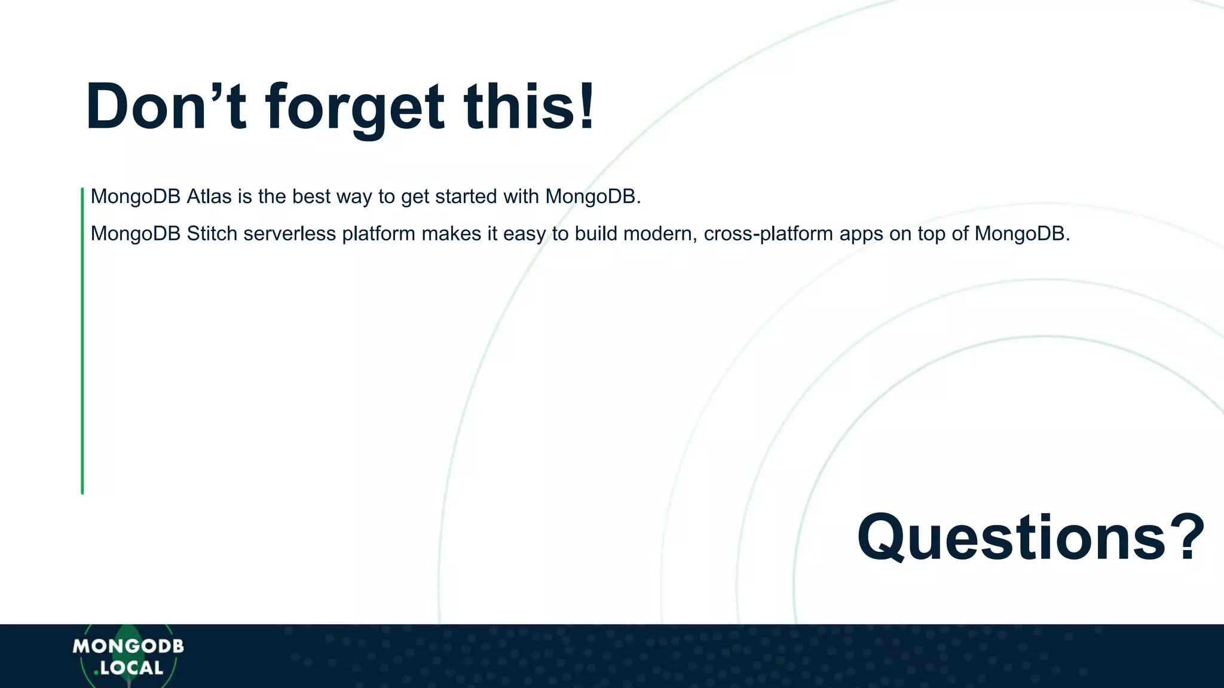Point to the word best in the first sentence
(x=311, y=196)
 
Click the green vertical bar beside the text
(x=82, y=340)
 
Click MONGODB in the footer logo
(x=128, y=646)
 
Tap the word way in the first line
(x=354, y=196)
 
